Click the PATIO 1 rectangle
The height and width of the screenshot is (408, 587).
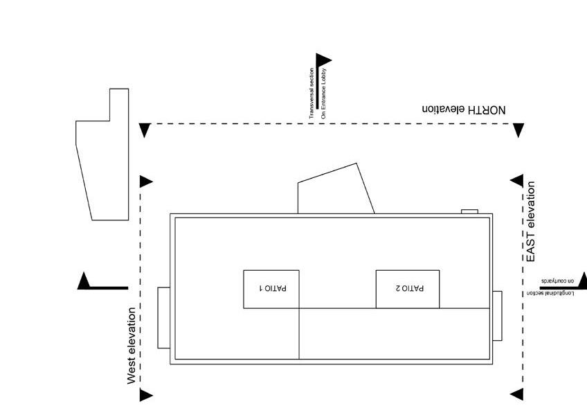271,288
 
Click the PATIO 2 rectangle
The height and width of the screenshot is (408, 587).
407,288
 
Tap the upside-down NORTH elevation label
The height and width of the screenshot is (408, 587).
464,109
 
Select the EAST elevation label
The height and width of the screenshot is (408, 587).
531,222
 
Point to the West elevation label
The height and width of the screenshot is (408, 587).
132,346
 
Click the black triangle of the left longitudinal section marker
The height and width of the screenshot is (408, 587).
84,281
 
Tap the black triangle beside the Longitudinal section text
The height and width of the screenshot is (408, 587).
582,280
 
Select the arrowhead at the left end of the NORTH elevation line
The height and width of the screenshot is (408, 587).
145,130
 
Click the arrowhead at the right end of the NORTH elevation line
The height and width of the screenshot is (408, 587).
518,130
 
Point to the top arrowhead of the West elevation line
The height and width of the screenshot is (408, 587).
145,181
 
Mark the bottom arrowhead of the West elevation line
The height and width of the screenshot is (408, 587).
145,396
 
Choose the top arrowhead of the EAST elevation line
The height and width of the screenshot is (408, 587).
517,181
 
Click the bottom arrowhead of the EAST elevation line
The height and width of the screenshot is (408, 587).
517,395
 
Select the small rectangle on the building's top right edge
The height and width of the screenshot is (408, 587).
469,211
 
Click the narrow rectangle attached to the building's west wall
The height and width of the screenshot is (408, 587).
163,317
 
